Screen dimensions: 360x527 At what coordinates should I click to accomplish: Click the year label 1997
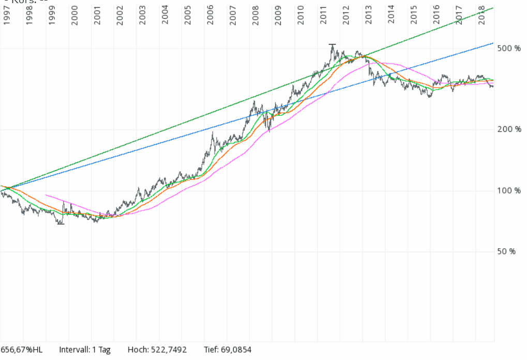click(7, 16)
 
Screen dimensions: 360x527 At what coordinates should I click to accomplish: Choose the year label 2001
click(97, 16)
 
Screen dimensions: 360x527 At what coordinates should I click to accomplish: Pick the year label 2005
click(188, 16)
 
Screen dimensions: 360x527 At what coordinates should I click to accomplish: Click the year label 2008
click(255, 16)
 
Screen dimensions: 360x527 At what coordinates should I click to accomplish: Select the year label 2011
click(323, 16)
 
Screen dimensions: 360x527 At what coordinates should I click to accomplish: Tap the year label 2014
click(391, 16)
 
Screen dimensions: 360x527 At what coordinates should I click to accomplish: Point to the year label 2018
click(481, 16)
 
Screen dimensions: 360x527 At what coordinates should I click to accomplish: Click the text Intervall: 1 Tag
click(85, 350)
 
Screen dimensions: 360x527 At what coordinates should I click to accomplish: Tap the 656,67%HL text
click(22, 350)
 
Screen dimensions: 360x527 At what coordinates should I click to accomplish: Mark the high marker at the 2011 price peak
click(332, 45)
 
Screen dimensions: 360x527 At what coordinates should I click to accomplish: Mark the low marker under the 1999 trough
click(61, 224)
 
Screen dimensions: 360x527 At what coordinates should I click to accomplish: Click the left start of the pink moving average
click(46, 195)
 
